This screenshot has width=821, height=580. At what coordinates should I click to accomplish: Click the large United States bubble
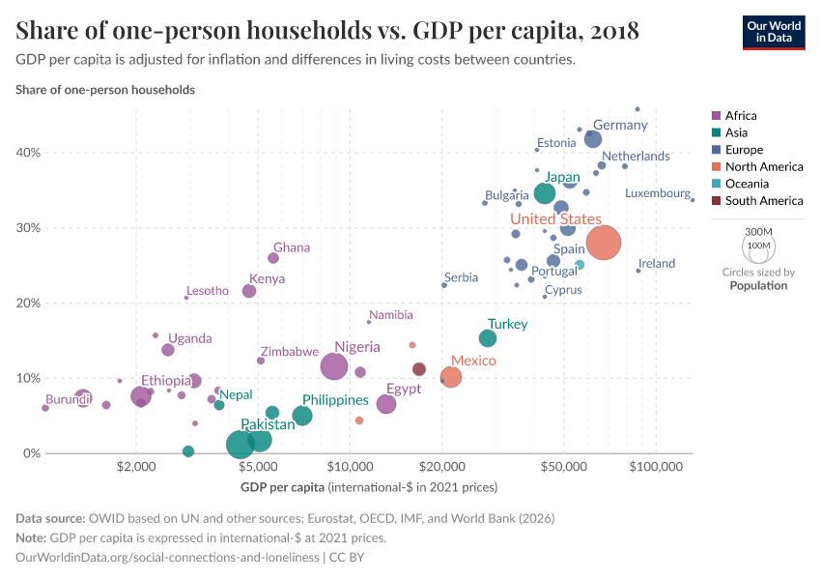[603, 243]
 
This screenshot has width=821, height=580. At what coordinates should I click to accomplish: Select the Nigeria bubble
[334, 366]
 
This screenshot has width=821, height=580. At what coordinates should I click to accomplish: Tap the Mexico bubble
[450, 377]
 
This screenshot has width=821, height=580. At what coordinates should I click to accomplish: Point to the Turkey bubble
[488, 338]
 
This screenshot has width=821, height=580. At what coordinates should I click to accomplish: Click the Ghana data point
[273, 258]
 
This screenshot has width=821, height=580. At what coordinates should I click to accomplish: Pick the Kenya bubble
[249, 291]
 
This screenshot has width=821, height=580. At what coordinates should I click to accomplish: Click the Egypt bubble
[386, 404]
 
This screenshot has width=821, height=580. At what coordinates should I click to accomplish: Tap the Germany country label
[620, 126]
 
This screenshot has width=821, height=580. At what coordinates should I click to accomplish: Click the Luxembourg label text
[657, 193]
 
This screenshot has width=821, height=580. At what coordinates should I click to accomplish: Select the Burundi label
[69, 399]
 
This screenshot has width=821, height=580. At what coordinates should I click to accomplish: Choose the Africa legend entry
[741, 115]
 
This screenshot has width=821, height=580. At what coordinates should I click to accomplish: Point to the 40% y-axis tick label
[29, 153]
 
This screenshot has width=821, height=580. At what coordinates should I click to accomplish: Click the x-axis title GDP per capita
[282, 485]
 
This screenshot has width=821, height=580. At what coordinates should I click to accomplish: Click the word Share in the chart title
[47, 31]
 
